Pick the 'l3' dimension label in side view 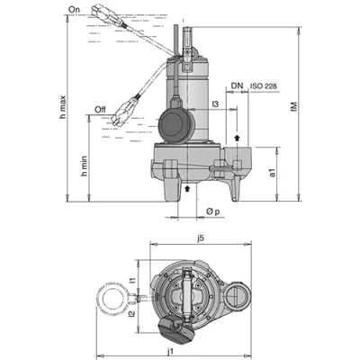coord(216,106)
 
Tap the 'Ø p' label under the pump coord(209,211)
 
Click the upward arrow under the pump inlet coord(187,190)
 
